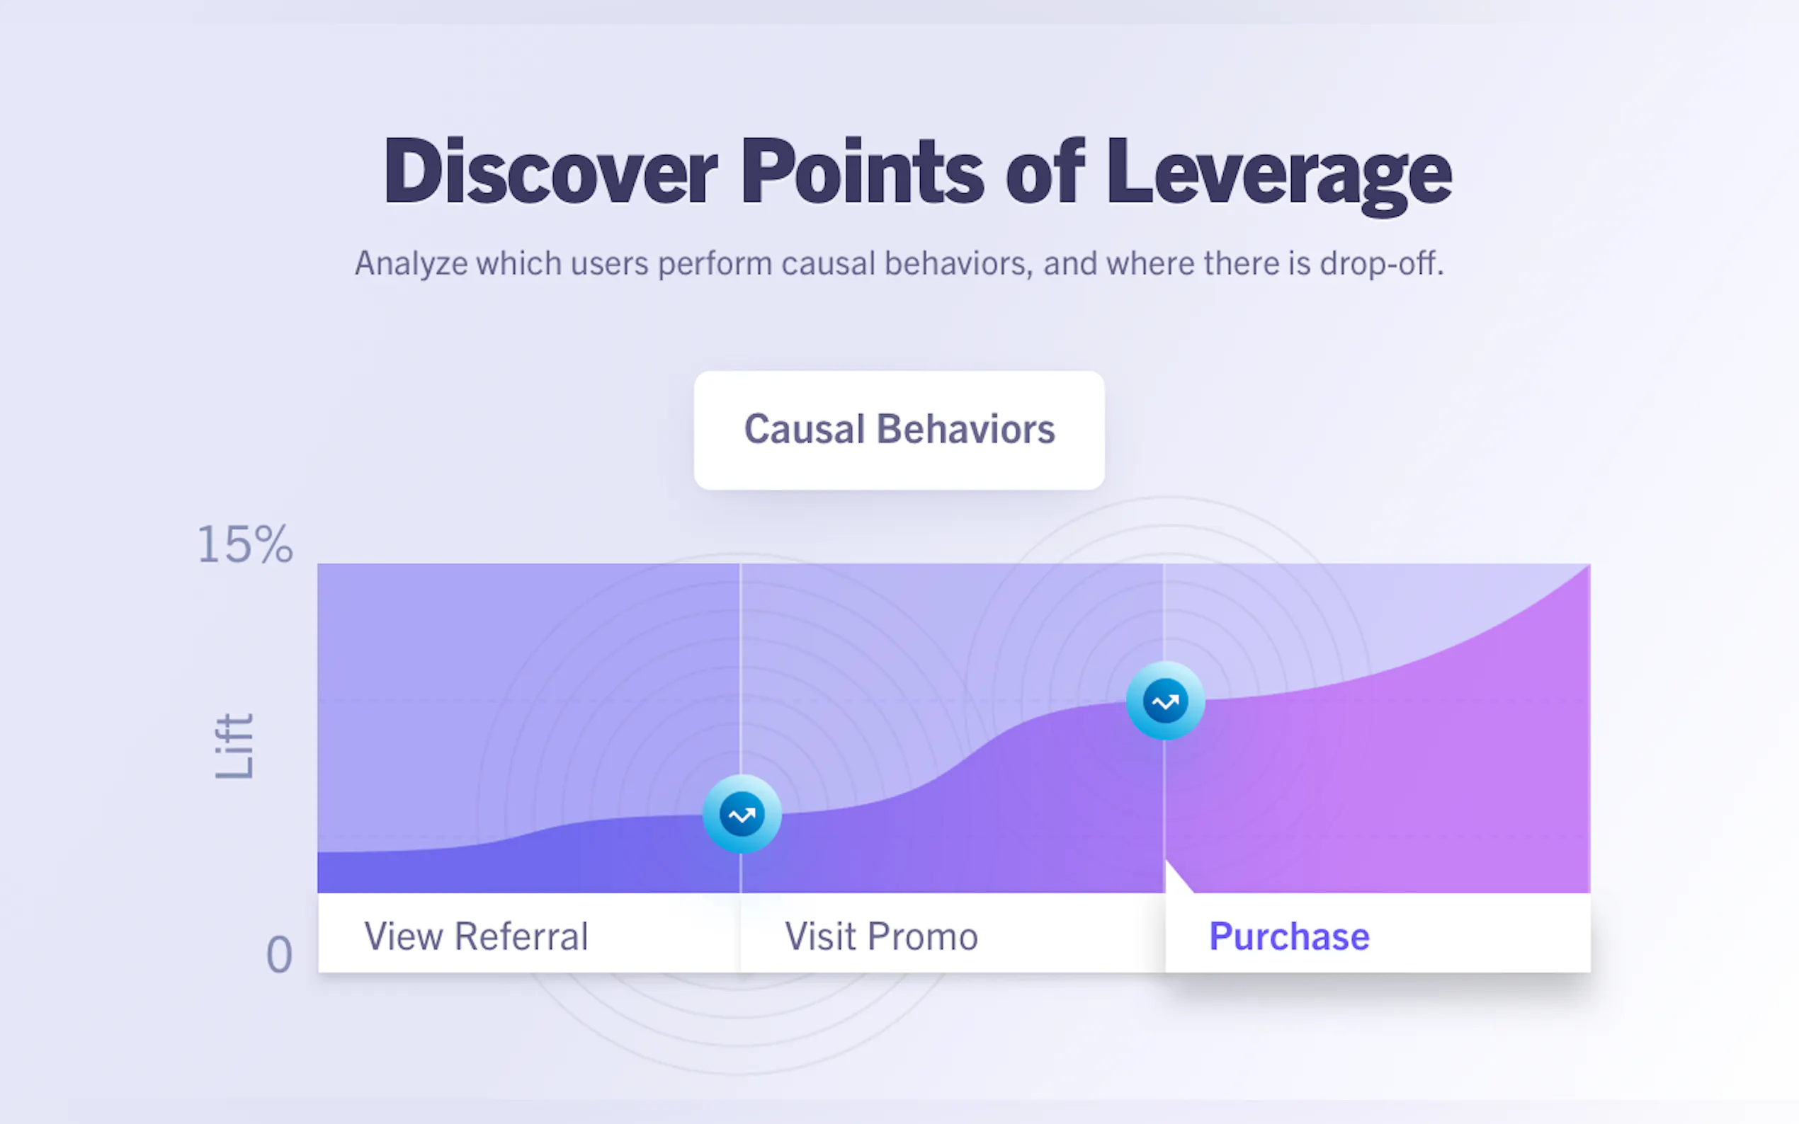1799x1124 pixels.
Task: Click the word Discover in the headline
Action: tap(550, 171)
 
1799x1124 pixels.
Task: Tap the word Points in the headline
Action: tap(862, 171)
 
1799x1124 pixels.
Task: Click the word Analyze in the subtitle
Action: tap(412, 264)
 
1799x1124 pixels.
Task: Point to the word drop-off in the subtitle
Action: tap(1382, 263)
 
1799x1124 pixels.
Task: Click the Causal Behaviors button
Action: tap(899, 430)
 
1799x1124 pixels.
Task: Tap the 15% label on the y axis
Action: tap(244, 544)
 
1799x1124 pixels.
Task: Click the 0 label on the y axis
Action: tap(279, 955)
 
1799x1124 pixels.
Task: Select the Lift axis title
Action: tap(234, 746)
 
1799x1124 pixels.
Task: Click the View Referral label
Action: tap(476, 936)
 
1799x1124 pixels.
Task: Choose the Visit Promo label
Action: tap(881, 936)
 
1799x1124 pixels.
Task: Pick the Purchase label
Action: tap(1289, 936)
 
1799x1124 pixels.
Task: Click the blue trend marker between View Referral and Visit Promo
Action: tap(742, 815)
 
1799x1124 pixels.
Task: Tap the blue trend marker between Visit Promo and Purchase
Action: tap(1165, 700)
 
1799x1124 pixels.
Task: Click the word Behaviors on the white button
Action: tap(965, 430)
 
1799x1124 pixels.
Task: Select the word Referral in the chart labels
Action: tap(521, 936)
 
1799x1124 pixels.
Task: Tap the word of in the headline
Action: tap(1045, 171)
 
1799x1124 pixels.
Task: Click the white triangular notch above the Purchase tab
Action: tap(1175, 881)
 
